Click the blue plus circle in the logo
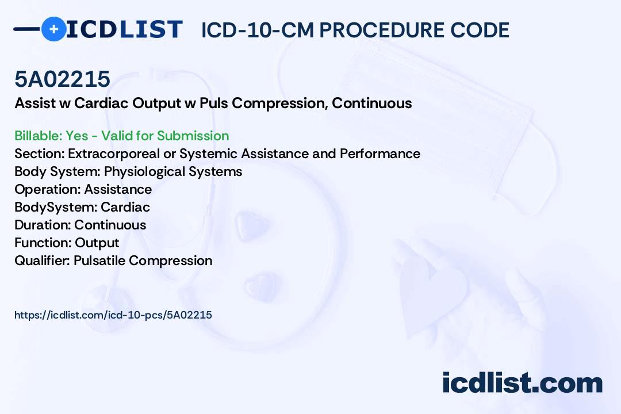click(54, 29)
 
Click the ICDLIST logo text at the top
click(124, 29)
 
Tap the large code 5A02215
click(62, 79)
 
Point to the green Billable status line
click(121, 136)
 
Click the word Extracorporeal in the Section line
click(114, 154)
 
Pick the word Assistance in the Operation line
click(118, 189)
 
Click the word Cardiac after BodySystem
click(125, 207)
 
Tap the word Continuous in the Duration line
click(110, 225)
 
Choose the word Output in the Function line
click(97, 243)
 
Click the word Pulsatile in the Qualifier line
click(99, 260)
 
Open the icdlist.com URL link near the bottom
click(113, 315)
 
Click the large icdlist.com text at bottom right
click(523, 382)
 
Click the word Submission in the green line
click(193, 136)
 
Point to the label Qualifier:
click(43, 260)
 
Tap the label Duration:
click(43, 225)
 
